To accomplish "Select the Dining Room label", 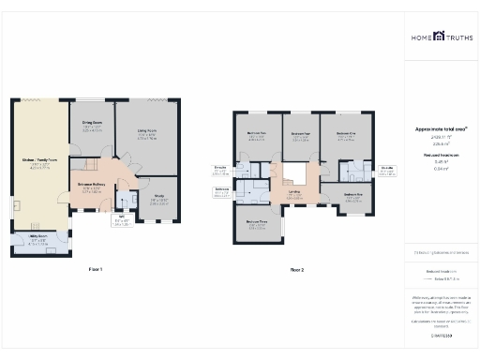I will click(x=91, y=127).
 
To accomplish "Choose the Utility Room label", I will click(x=38, y=238).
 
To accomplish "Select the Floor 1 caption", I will click(x=95, y=269).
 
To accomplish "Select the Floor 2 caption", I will click(x=297, y=269).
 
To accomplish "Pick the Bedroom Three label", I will click(x=257, y=222).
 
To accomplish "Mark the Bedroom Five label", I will click(x=352, y=195).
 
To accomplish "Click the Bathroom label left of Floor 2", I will click(x=221, y=188).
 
